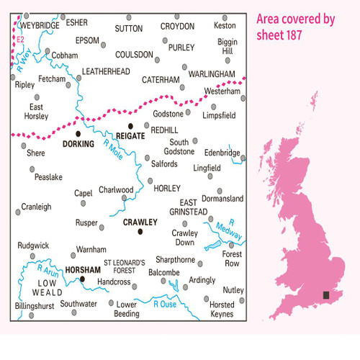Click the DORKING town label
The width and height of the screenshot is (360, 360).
[x=78, y=144]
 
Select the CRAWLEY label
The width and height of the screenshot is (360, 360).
[x=140, y=222]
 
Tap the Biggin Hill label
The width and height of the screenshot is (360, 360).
[x=228, y=47]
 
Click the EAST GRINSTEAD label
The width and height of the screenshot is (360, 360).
[x=192, y=207]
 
